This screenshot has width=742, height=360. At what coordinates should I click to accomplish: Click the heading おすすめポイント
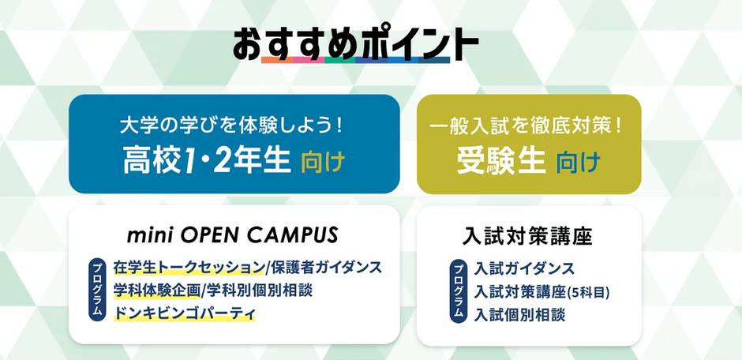(355, 45)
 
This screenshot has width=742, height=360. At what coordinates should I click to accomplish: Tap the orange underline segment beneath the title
(277, 60)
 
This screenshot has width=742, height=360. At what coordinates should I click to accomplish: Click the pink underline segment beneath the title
(308, 60)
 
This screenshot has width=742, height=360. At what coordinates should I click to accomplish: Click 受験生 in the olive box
(500, 161)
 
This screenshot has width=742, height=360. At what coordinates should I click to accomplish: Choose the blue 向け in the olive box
(579, 162)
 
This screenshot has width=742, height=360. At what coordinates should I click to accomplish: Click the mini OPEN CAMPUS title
(233, 234)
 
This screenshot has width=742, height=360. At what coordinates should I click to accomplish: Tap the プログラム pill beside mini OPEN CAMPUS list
(96, 291)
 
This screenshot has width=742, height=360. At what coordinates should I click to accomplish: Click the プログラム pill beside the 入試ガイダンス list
(458, 291)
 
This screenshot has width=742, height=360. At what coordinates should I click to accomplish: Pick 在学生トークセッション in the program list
(188, 268)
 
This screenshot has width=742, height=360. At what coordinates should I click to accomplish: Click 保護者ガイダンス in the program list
(324, 268)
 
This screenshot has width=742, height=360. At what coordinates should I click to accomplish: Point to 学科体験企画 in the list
(156, 291)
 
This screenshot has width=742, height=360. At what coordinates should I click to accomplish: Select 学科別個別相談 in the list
(258, 291)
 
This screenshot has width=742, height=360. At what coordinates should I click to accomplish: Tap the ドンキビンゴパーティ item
(184, 313)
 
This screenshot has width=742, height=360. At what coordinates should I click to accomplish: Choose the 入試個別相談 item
(519, 315)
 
